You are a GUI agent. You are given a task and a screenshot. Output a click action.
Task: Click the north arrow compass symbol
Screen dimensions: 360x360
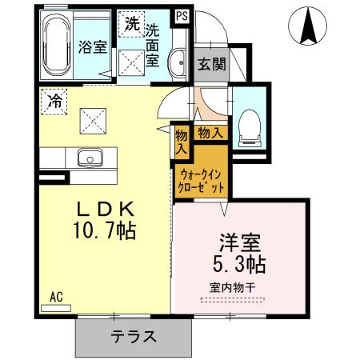tap(307, 26)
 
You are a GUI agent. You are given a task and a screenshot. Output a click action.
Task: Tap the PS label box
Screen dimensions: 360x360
tap(182, 16)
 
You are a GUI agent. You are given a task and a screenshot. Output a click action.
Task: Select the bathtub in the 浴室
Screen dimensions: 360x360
tap(57, 46)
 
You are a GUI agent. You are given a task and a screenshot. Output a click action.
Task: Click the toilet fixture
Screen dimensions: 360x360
tap(250, 128)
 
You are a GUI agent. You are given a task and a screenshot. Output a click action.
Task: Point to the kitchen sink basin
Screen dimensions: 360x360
tap(90, 158)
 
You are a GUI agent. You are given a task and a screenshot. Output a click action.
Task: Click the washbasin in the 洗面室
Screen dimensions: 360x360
tap(177, 63)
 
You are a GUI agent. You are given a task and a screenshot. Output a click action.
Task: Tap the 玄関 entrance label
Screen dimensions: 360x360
tap(212, 64)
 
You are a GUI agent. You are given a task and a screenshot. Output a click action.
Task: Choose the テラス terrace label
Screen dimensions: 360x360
tap(134, 337)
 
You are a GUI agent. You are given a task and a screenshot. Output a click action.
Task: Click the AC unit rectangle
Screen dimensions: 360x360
tap(56, 308)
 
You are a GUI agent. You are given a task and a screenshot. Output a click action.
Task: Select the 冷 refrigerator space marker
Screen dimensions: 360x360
tap(54, 102)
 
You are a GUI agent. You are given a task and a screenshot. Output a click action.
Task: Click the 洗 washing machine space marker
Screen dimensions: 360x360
tap(132, 24)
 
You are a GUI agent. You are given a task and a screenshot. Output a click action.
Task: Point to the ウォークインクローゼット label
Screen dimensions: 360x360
tap(201, 182)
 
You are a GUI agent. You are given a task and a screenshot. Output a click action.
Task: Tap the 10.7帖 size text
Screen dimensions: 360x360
tap(105, 230)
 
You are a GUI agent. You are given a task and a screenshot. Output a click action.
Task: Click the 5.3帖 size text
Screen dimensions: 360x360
tap(239, 264)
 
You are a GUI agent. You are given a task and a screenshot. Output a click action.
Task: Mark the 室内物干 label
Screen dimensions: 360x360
tap(233, 288)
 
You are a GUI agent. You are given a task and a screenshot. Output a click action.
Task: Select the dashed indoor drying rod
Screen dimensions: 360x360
tap(232, 300)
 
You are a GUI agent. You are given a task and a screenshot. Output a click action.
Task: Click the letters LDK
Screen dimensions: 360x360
tap(106, 209)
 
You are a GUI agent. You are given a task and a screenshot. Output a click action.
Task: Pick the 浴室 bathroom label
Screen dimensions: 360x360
tap(93, 47)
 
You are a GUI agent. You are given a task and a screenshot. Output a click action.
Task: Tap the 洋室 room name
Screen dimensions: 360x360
tap(240, 242)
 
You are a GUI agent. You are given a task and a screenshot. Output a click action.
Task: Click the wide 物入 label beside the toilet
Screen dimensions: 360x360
tap(210, 132)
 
